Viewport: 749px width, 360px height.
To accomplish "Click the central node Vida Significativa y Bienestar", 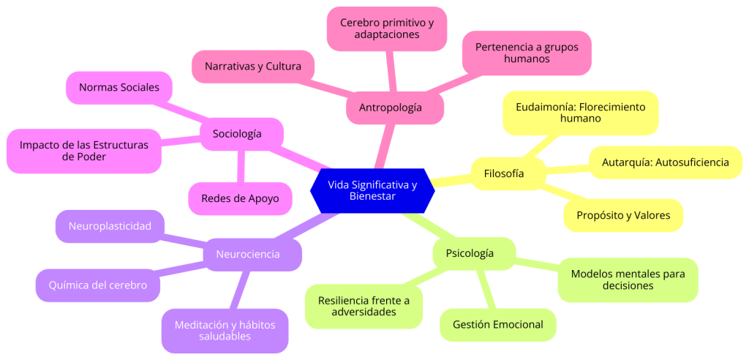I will pos(372,190).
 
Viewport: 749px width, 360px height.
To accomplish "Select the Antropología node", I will pos(391,108).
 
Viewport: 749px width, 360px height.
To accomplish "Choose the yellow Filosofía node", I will pos(504,173).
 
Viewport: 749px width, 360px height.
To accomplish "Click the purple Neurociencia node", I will pos(248,254).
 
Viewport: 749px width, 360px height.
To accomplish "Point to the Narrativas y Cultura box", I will pos(252,67).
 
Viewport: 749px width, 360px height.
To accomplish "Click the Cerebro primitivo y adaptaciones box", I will pos(386,29).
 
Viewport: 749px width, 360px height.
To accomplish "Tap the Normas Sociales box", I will pos(118,87).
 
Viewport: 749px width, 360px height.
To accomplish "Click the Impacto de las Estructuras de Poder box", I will pos(83,151).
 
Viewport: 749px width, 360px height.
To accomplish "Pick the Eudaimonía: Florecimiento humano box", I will pos(580,112).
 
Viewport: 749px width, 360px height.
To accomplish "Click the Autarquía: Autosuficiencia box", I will pos(665,162).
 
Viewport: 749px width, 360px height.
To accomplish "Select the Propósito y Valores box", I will pos(622,215).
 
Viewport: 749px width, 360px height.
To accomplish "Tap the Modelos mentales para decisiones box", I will pos(628,280).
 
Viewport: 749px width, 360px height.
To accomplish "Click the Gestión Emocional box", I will pos(497,324).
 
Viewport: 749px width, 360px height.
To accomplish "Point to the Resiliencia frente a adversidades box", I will pos(364,306).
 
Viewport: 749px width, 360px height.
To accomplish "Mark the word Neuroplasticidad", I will pos(110,226).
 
